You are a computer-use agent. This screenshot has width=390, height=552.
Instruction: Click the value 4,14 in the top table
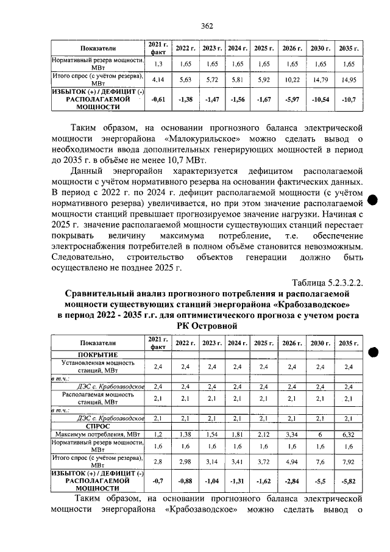click(158, 79)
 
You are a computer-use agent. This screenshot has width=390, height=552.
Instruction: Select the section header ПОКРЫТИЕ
click(97, 354)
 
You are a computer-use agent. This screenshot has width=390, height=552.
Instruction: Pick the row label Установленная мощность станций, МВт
click(97, 367)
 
